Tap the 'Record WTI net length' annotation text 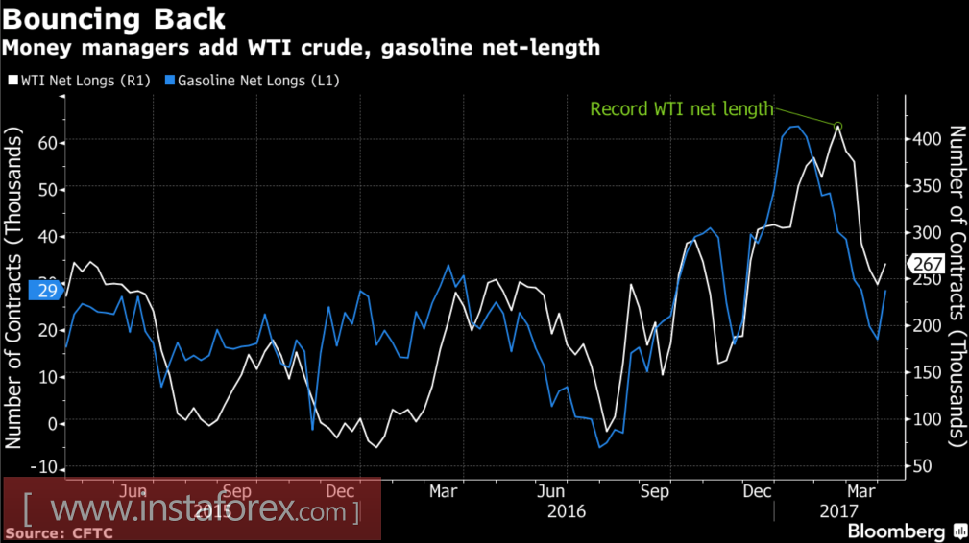click(681, 108)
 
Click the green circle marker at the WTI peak click(837, 126)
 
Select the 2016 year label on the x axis click(567, 511)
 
